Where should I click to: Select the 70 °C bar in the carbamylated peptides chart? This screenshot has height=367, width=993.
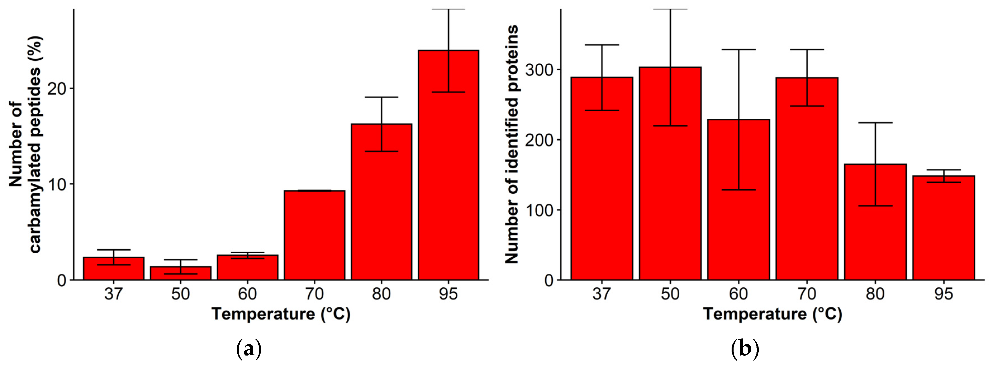314,235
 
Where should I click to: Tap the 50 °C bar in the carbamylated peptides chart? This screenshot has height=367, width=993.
180,273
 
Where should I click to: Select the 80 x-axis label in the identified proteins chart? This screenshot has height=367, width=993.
875,294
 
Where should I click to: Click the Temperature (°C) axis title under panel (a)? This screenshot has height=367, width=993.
281,314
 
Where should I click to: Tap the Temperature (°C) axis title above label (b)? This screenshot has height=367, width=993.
772,314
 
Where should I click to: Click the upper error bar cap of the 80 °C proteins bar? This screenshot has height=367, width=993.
875,123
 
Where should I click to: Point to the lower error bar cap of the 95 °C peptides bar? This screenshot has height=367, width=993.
448,92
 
